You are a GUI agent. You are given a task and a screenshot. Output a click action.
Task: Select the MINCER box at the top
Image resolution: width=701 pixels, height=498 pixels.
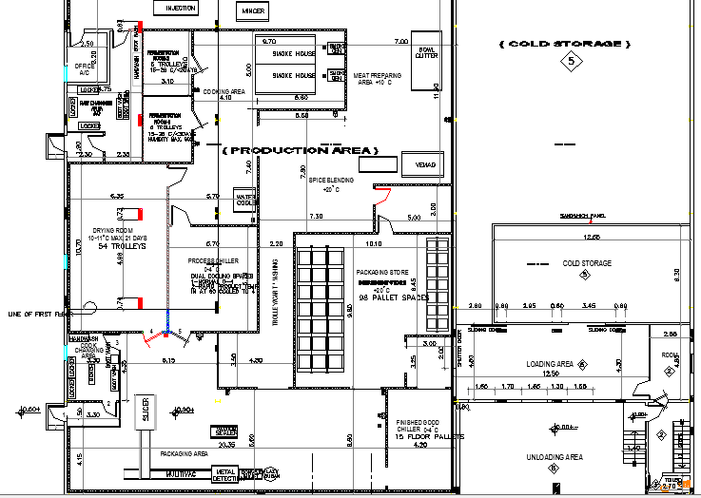(x=252, y=10)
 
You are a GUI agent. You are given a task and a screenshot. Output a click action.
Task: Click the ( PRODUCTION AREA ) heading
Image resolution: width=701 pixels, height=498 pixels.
(x=300, y=150)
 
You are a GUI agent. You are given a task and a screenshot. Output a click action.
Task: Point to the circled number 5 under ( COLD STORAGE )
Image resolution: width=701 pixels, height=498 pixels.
(x=571, y=62)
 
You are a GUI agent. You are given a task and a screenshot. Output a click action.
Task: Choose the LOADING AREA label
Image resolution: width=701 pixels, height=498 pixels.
(x=550, y=364)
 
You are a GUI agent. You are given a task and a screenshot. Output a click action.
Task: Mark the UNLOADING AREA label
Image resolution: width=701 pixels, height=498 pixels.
(x=555, y=458)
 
